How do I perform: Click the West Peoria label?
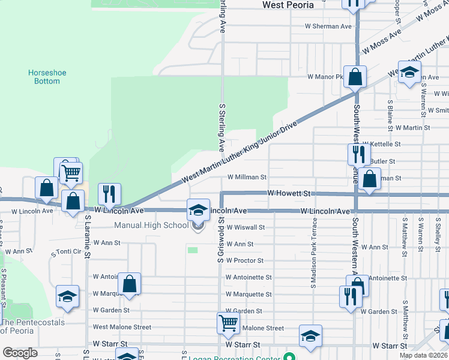pyautogui.click(x=288, y=5)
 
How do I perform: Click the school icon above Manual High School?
pyautogui.click(x=198, y=209)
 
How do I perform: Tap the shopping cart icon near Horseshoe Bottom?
pyautogui.click(x=71, y=173)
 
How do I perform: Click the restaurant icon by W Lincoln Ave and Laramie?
pyautogui.click(x=109, y=193)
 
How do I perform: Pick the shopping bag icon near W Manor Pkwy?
pyautogui.click(x=355, y=77)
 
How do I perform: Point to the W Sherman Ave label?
pyautogui.click(x=328, y=26)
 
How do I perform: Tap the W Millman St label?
pyautogui.click(x=247, y=177)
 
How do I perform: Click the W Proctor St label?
pyautogui.click(x=245, y=260)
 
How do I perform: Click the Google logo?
pyautogui.click(x=20, y=353)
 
